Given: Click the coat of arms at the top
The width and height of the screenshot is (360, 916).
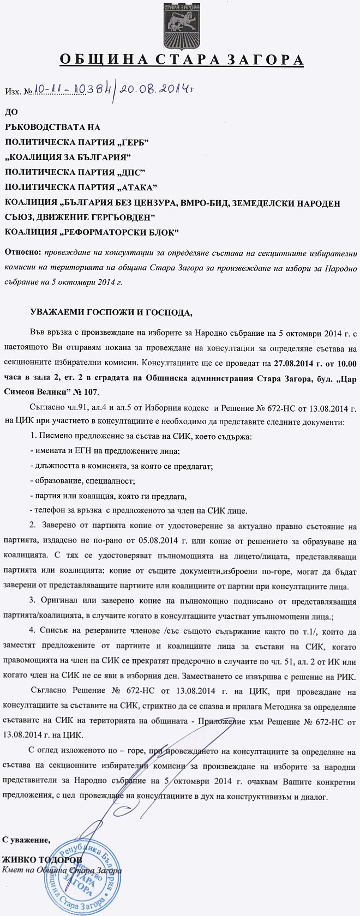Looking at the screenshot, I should (x=180, y=25).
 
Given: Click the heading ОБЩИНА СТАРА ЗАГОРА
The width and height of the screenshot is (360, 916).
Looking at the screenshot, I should (x=180, y=59).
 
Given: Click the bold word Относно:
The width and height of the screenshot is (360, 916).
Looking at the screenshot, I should (x=22, y=253).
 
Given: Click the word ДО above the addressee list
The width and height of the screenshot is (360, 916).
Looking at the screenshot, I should (x=11, y=112).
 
